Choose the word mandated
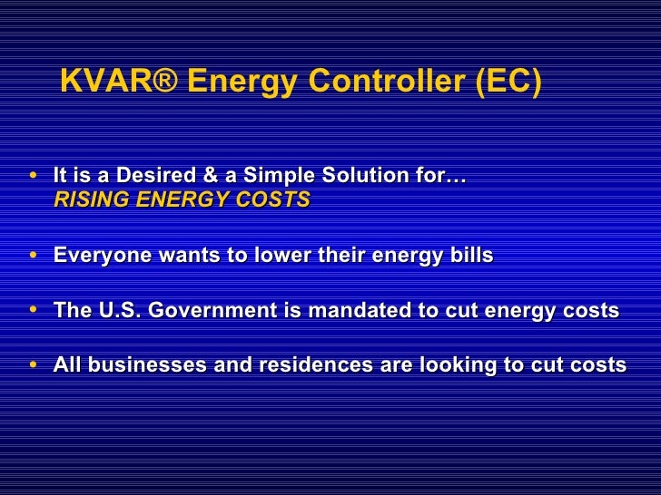point(357,311)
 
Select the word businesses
point(142,365)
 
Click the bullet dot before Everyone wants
point(34,257)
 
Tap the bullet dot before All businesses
point(34,365)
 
